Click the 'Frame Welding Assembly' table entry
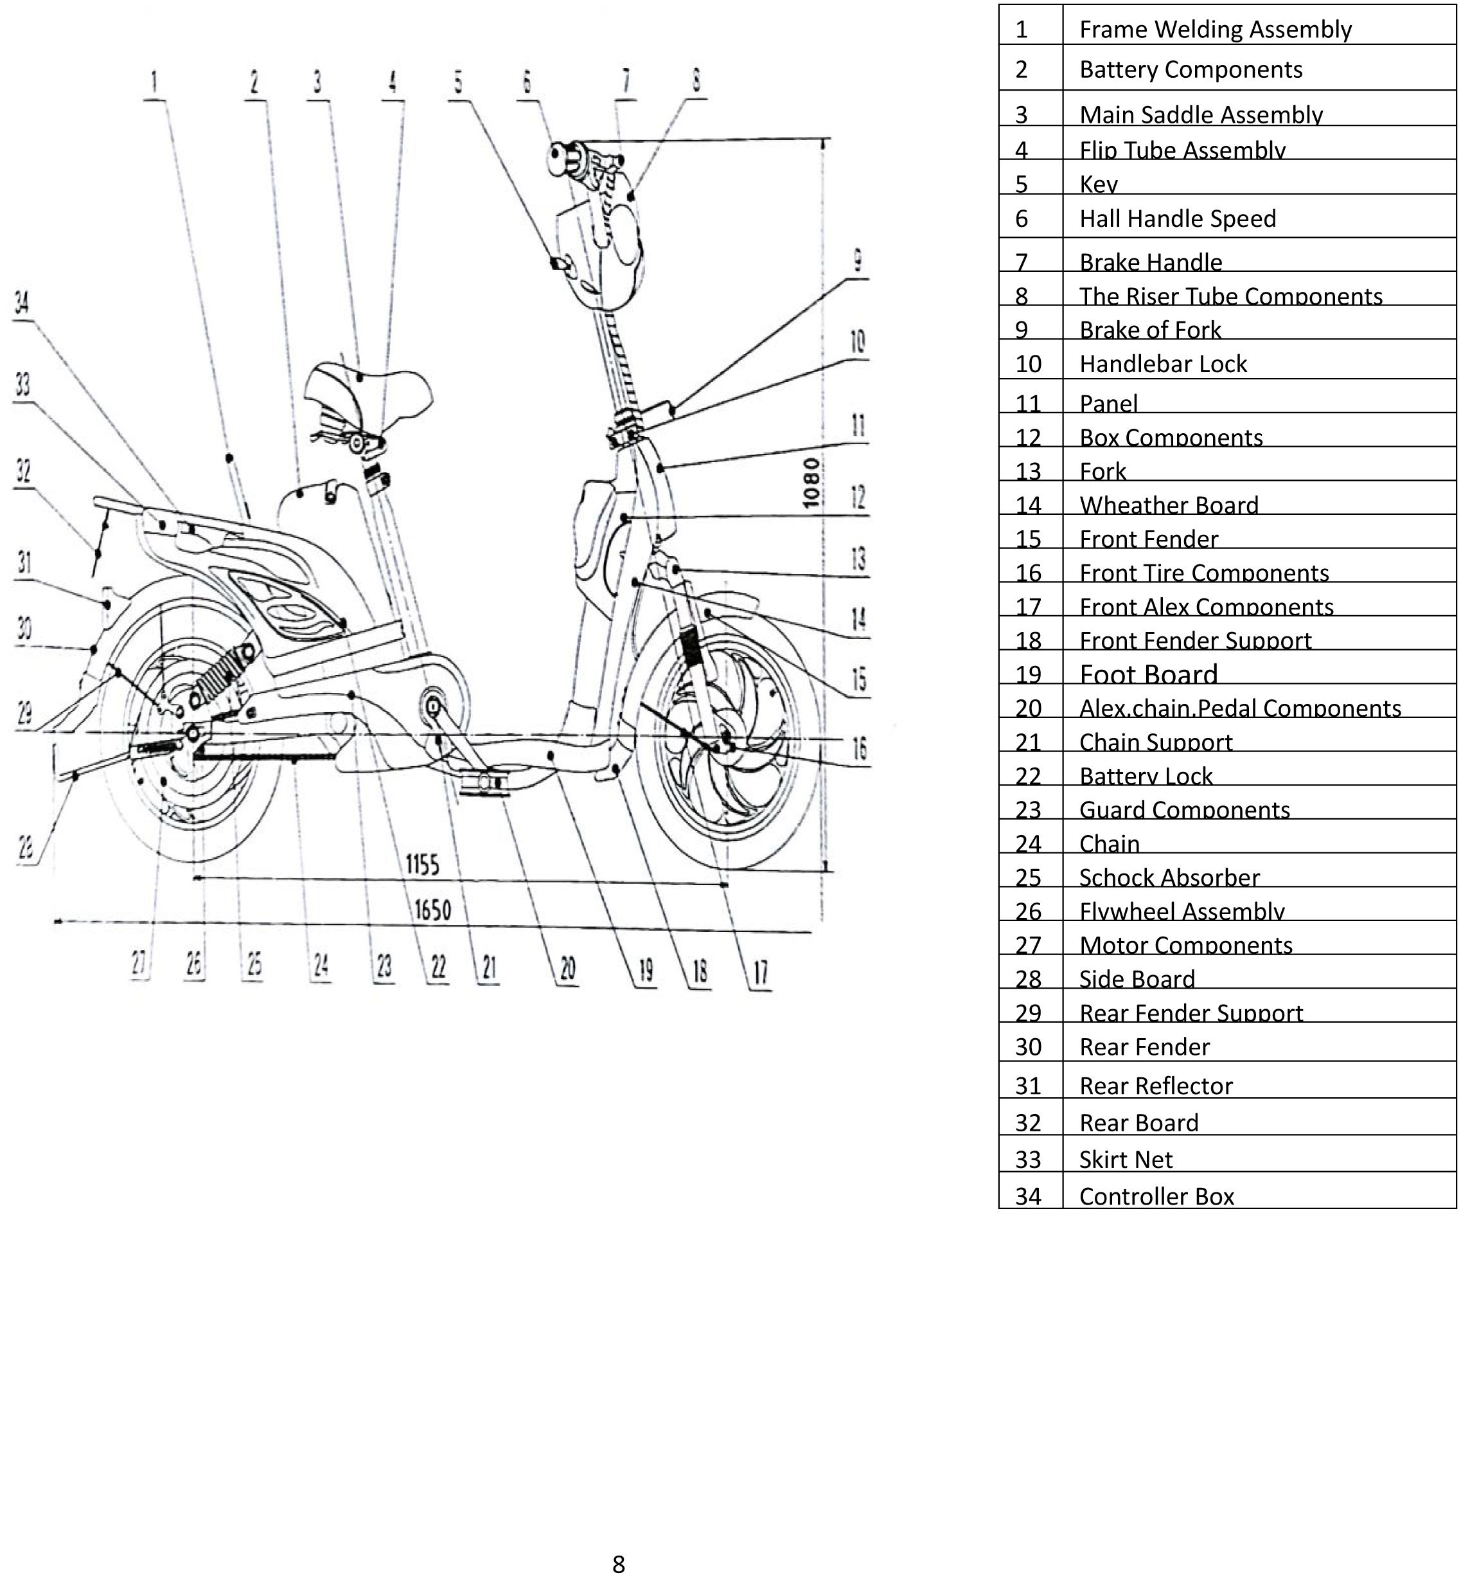click(1214, 30)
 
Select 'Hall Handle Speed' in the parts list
click(1177, 219)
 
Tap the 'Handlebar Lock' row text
click(1162, 364)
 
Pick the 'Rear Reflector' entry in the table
click(1155, 1086)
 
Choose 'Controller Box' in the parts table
click(1156, 1196)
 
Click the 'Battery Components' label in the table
click(1190, 69)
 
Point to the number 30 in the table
click(1028, 1047)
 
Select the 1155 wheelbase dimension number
click(422, 865)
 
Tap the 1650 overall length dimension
click(432, 910)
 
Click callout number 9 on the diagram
click(858, 261)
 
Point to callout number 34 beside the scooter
click(22, 302)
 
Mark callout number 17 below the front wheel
click(761, 973)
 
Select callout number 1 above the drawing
click(154, 82)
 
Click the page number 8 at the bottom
click(618, 1564)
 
